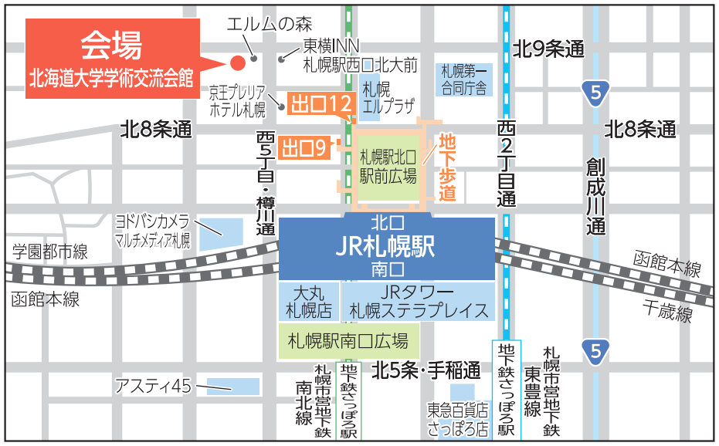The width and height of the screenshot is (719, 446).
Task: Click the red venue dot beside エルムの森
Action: click(x=238, y=62)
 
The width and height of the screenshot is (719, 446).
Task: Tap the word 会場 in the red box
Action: click(x=111, y=46)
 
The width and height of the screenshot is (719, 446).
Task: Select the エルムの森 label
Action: click(x=266, y=25)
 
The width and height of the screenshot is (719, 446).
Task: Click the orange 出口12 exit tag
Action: click(x=321, y=103)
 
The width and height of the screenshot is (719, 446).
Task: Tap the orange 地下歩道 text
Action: click(x=448, y=167)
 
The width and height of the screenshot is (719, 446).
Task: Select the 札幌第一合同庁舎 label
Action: click(x=464, y=79)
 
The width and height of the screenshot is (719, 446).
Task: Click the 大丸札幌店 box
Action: click(x=309, y=302)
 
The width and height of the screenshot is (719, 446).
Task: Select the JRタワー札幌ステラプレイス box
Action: click(x=418, y=302)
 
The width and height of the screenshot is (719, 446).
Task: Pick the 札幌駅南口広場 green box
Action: click(x=348, y=340)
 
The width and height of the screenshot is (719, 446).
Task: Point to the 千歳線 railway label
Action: click(x=667, y=311)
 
